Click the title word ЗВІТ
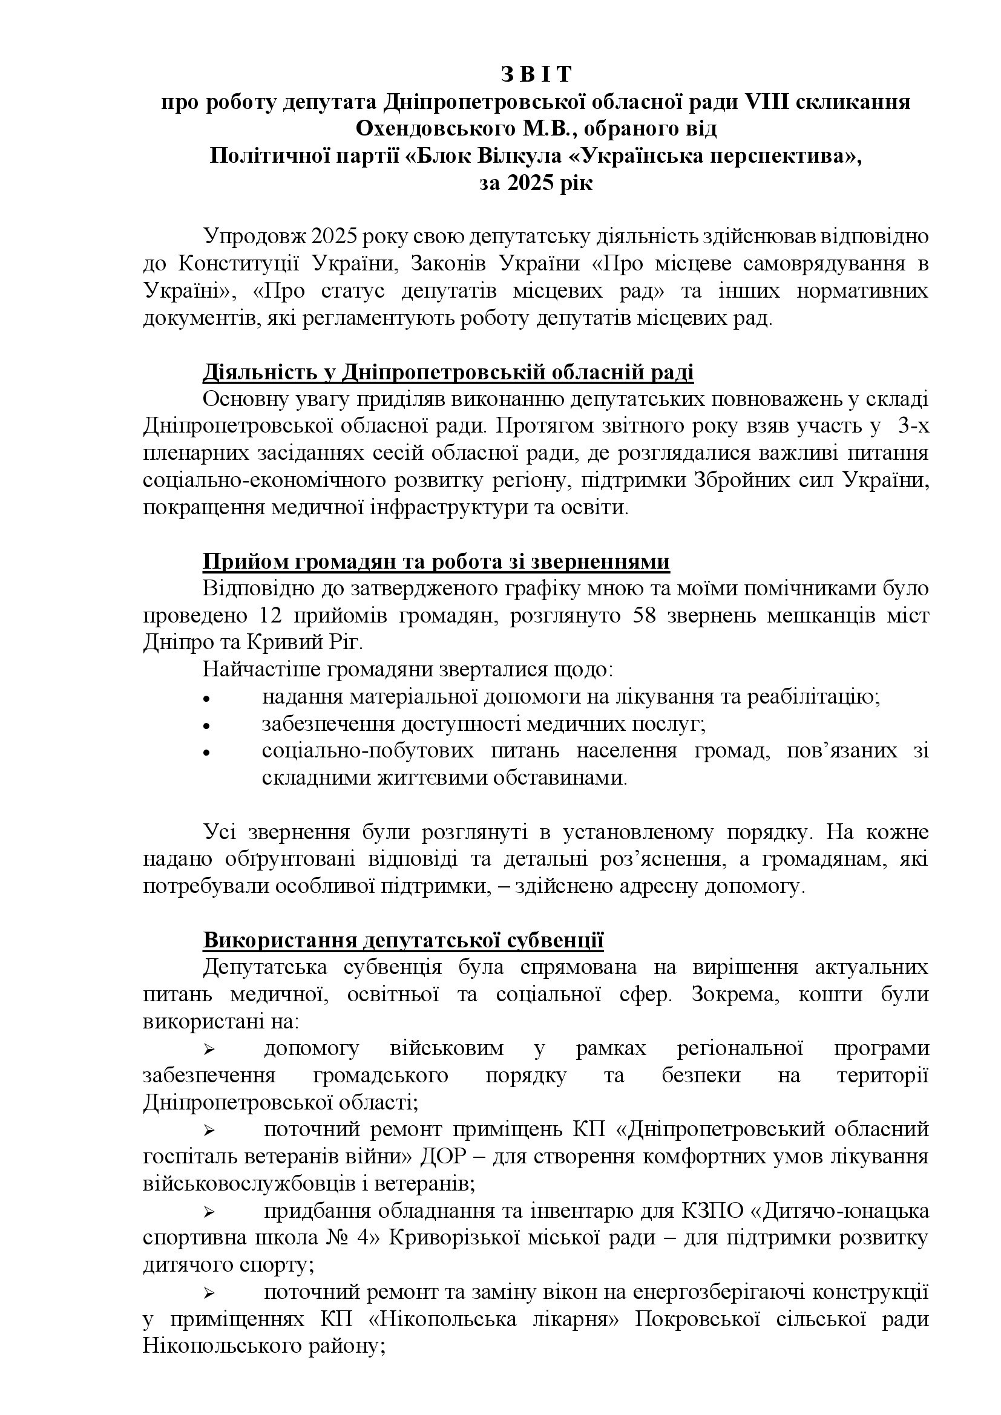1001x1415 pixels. coord(536,74)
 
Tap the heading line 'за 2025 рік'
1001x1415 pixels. coord(536,184)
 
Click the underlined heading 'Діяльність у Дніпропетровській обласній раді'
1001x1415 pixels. coord(448,373)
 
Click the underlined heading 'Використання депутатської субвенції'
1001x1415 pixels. coord(403,941)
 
